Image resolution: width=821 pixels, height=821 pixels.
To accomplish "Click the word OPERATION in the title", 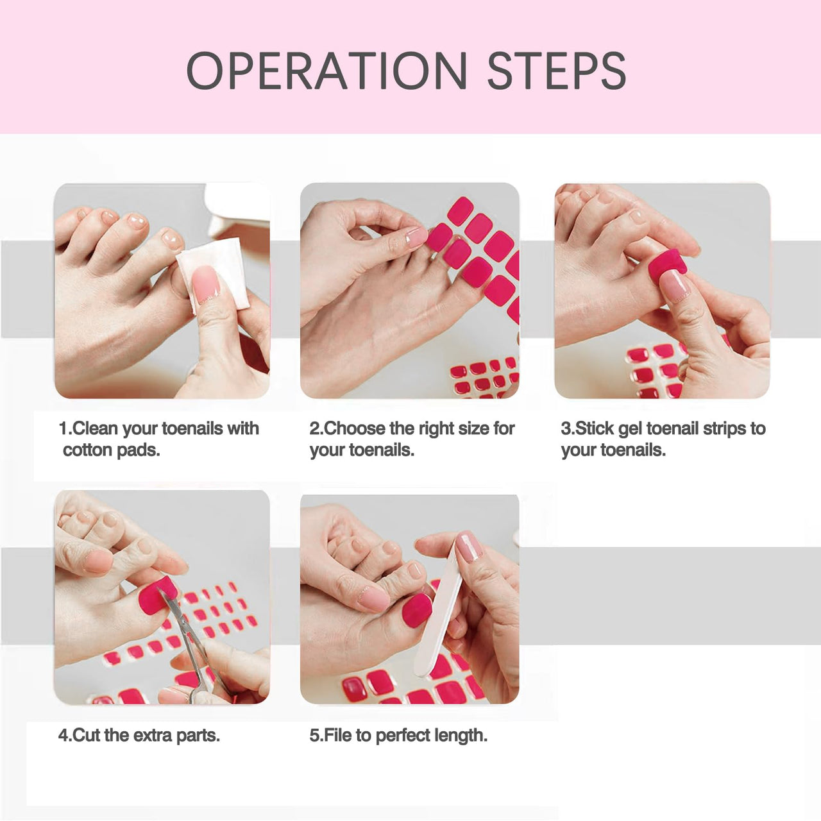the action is point(326,71).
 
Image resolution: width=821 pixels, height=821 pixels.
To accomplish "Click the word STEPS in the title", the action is point(557,71).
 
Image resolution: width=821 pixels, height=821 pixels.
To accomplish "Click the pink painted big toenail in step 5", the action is point(417,611).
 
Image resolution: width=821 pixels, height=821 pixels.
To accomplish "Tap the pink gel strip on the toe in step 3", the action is point(667,262).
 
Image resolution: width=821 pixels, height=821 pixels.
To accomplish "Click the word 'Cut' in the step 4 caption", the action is point(87,735).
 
